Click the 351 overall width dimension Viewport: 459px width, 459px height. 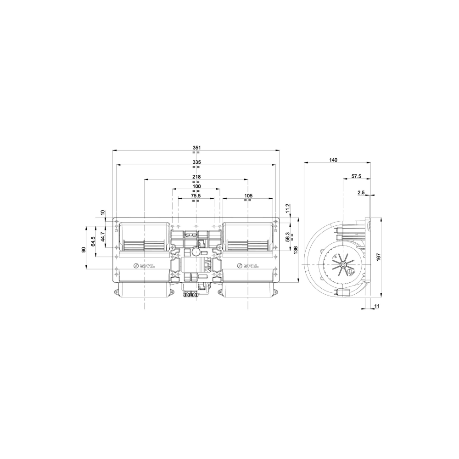pyautogui.click(x=196, y=147)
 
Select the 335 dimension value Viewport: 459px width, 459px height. pyautogui.click(x=196, y=162)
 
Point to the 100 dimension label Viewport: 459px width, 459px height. pyautogui.click(x=196, y=186)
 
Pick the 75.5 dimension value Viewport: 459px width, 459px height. pyautogui.click(x=196, y=195)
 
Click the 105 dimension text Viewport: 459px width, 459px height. pyautogui.click(x=248, y=195)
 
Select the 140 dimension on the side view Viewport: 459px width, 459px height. pyautogui.click(x=333, y=160)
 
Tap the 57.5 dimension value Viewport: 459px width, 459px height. pyautogui.click(x=357, y=176)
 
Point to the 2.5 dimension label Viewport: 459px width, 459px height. pyautogui.click(x=361, y=193)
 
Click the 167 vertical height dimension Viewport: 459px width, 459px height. pyautogui.click(x=379, y=257)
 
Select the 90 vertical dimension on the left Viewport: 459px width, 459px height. pyautogui.click(x=84, y=250)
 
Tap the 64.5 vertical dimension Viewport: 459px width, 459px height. pyautogui.click(x=93, y=241)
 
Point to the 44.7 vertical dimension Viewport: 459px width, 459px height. pyautogui.click(x=103, y=236)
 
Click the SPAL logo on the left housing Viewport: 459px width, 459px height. pyautogui.click(x=143, y=266)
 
